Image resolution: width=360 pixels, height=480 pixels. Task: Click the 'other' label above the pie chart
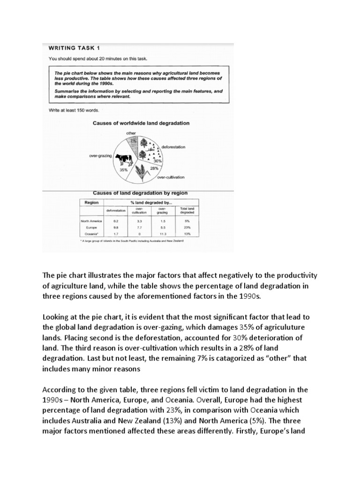[131, 133]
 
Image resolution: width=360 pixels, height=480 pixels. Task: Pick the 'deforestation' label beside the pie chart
[173, 147]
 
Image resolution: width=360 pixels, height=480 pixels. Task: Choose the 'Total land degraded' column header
[180, 210]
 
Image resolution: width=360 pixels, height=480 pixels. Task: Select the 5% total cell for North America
[180, 220]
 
